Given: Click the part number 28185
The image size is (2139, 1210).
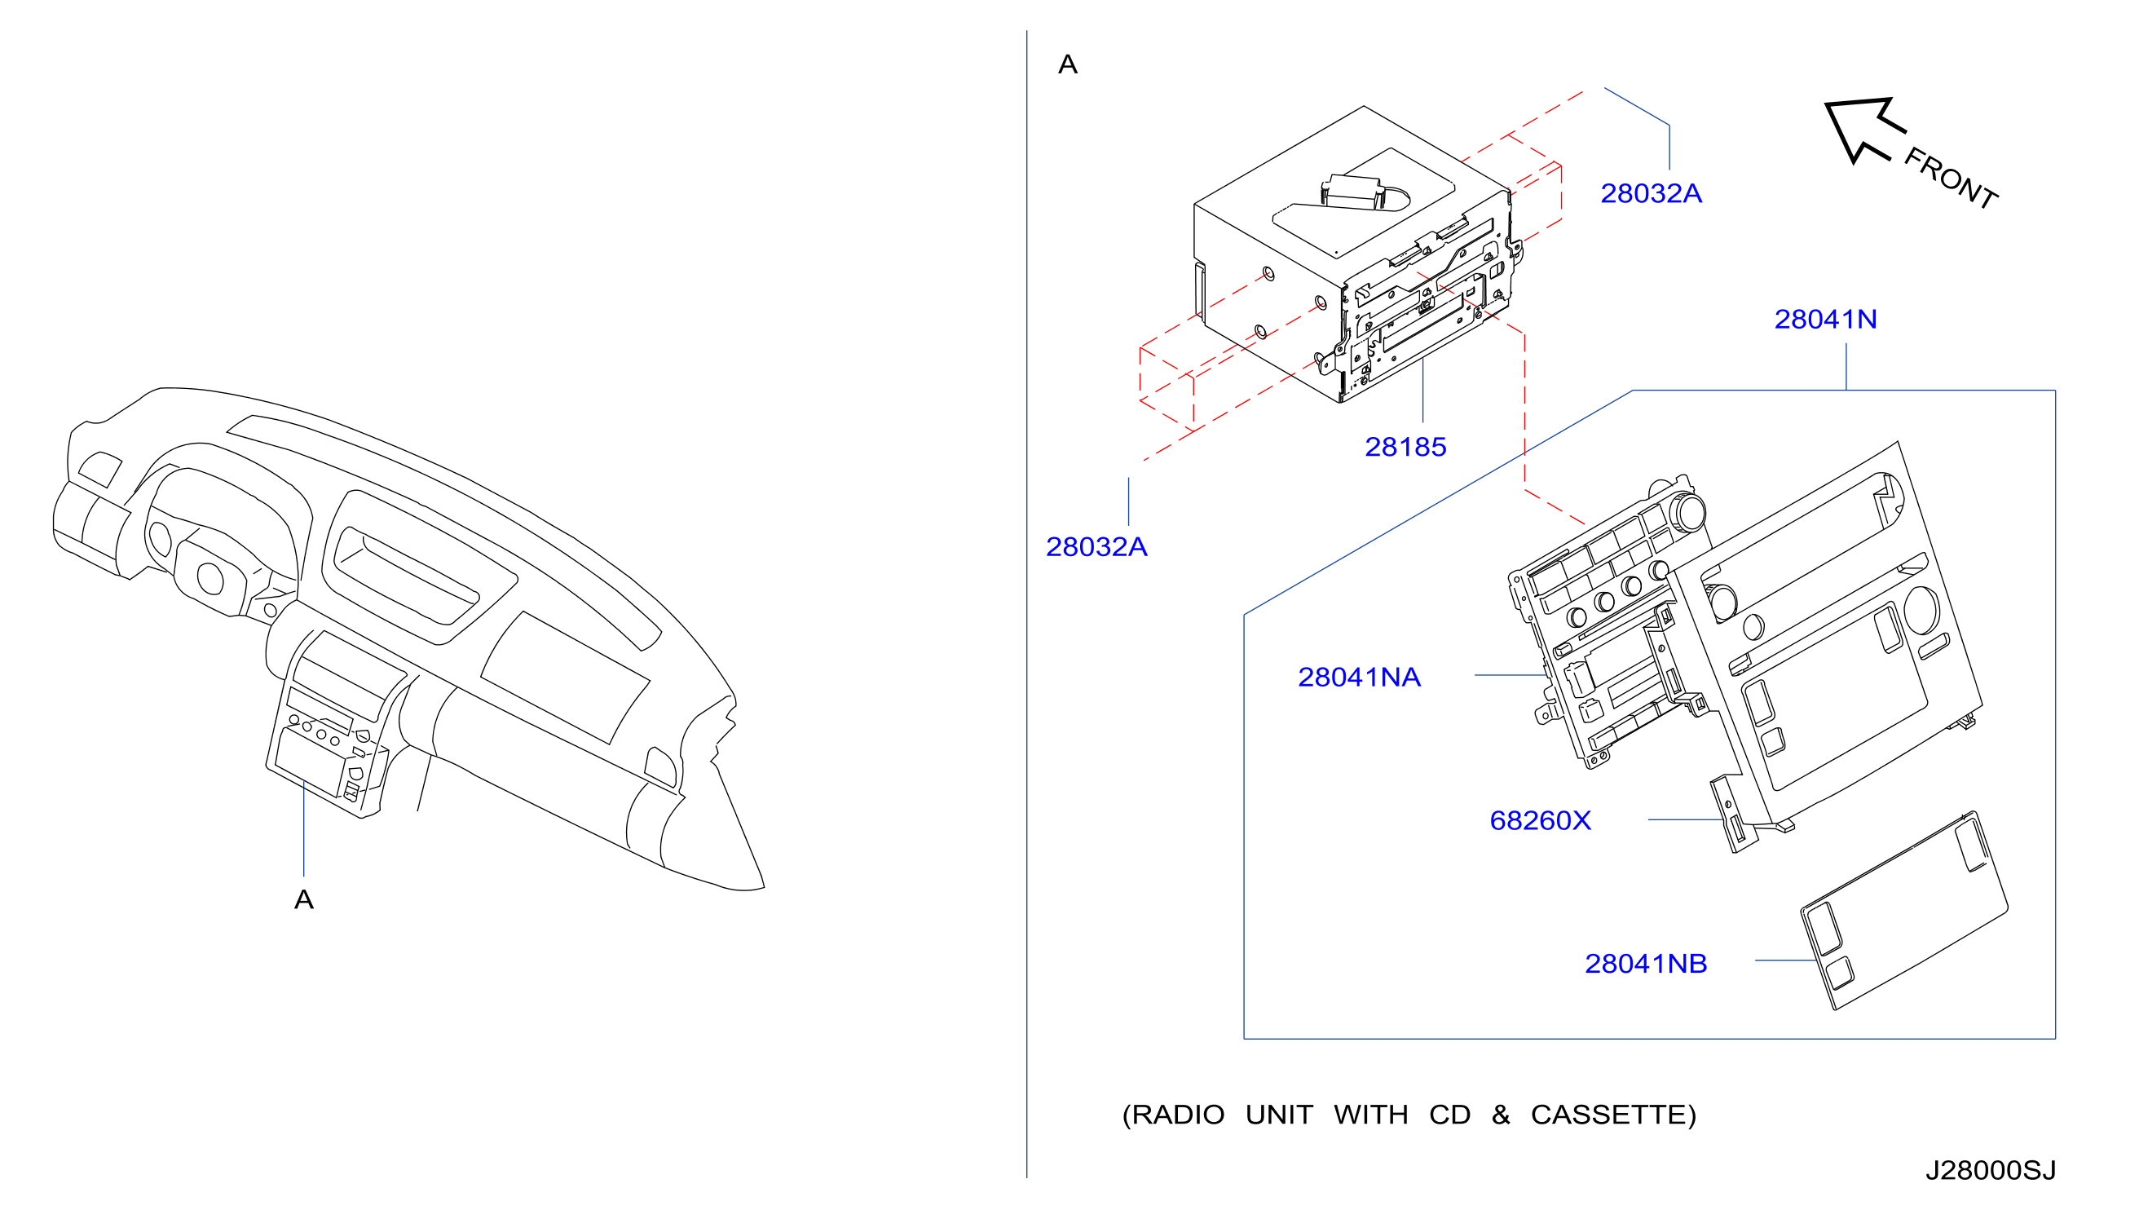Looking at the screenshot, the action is point(1405,447).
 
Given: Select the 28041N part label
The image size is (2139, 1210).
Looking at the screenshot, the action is point(1825,319).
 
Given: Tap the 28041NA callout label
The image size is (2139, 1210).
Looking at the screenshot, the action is point(1359,678).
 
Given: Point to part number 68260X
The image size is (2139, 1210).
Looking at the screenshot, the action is point(1540,820).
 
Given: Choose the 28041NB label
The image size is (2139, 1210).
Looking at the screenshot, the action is point(1646,963).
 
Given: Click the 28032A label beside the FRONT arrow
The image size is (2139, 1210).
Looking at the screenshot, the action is point(1651,192).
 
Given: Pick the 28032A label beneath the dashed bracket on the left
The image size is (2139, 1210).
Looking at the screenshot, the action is point(1096,547).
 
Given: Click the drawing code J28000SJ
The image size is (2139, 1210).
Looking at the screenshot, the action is point(1991,1170).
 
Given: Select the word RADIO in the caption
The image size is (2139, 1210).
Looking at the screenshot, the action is point(1178,1115).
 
